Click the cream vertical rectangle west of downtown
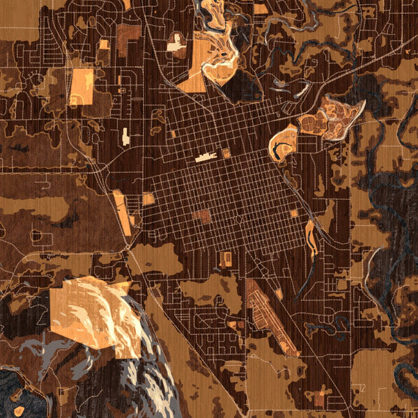pos(125,136)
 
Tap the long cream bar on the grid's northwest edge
pos(206,157)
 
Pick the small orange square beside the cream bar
pos(226,153)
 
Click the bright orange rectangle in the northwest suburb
pos(82,86)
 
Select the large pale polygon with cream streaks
pos(91,313)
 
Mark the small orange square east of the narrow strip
pos(148,199)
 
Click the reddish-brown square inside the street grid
pos(202,216)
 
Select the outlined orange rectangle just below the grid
pos(225,259)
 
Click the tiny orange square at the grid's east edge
pos(294,213)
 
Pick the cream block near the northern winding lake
pos(175,45)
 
